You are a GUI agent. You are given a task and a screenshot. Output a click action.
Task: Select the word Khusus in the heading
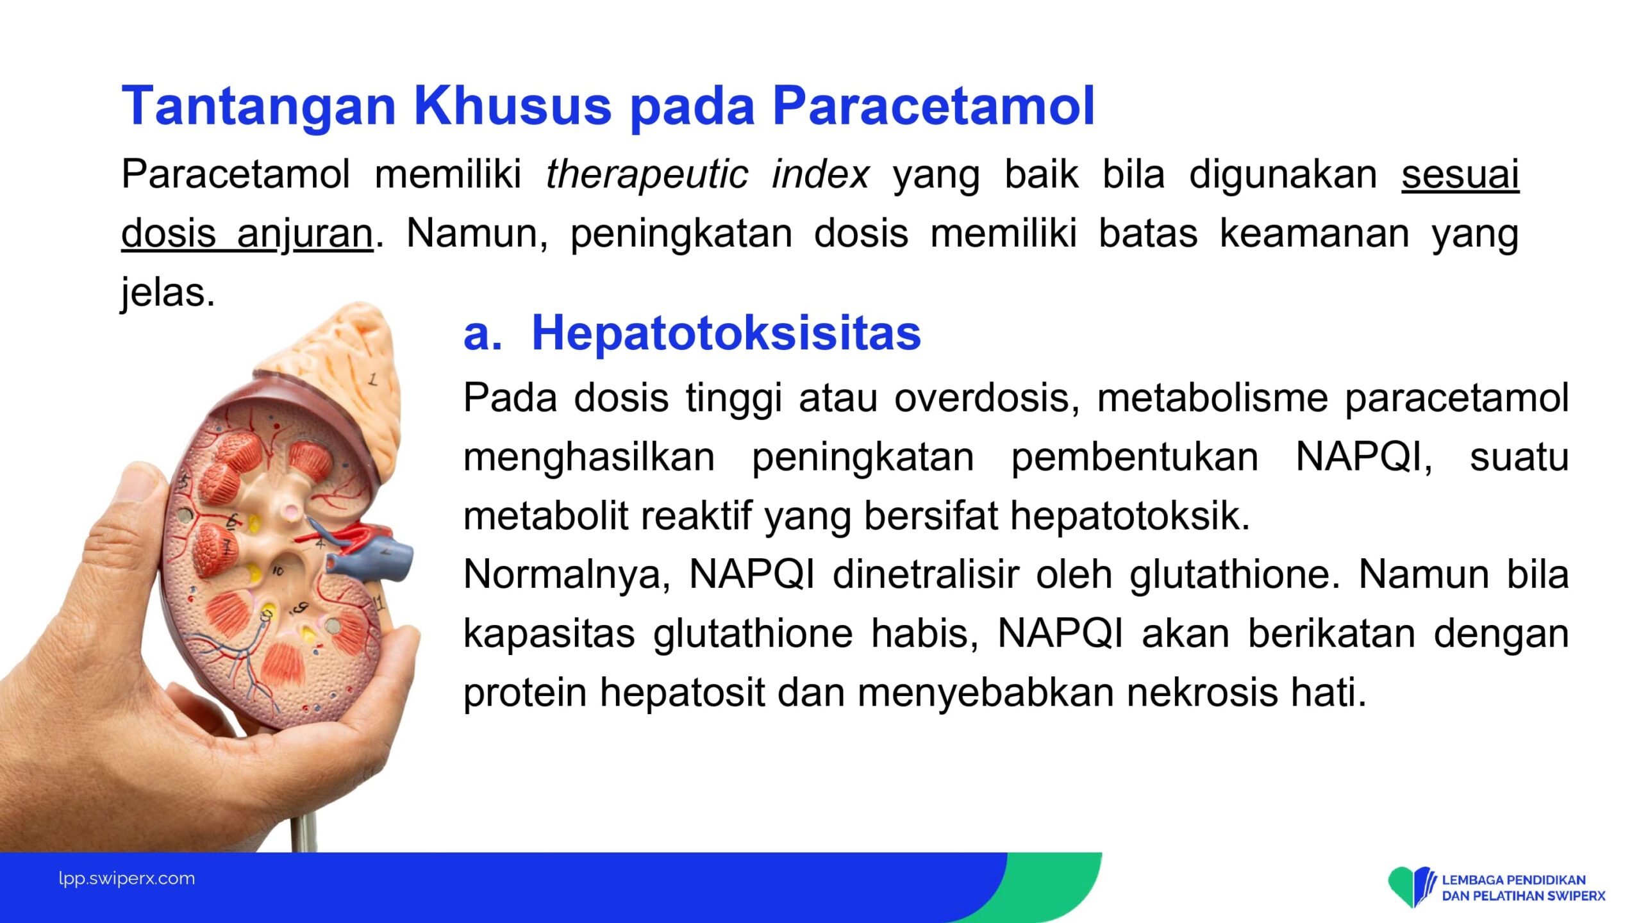[513, 106]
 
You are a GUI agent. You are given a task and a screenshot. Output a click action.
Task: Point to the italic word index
[820, 174]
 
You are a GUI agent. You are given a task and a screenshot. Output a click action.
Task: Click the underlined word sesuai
[1460, 174]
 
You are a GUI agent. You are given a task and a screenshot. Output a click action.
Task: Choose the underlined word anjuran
[305, 234]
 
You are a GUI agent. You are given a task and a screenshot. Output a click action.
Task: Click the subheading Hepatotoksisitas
[726, 333]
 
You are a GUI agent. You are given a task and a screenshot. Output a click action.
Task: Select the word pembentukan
[1135, 458]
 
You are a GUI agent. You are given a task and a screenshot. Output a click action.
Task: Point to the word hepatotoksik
[1130, 517]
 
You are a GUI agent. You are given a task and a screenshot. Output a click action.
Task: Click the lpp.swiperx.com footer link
[127, 879]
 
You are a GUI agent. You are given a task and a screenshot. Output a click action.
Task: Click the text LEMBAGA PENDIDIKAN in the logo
[1513, 880]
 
